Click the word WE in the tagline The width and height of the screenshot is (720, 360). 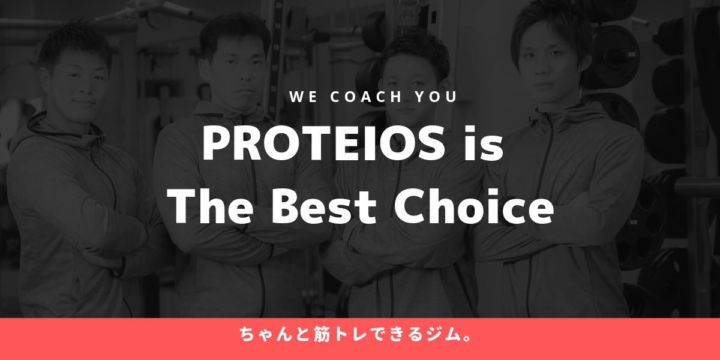pyautogui.click(x=304, y=97)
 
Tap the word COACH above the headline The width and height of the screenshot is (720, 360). pyautogui.click(x=366, y=97)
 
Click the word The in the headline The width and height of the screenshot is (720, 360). pyautogui.click(x=210, y=206)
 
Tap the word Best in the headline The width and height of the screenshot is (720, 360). pyautogui.click(x=324, y=206)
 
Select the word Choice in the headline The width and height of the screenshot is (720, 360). pyautogui.click(x=474, y=206)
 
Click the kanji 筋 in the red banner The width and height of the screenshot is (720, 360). pyautogui.click(x=322, y=334)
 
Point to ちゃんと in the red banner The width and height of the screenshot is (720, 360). pyautogui.click(x=274, y=334)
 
